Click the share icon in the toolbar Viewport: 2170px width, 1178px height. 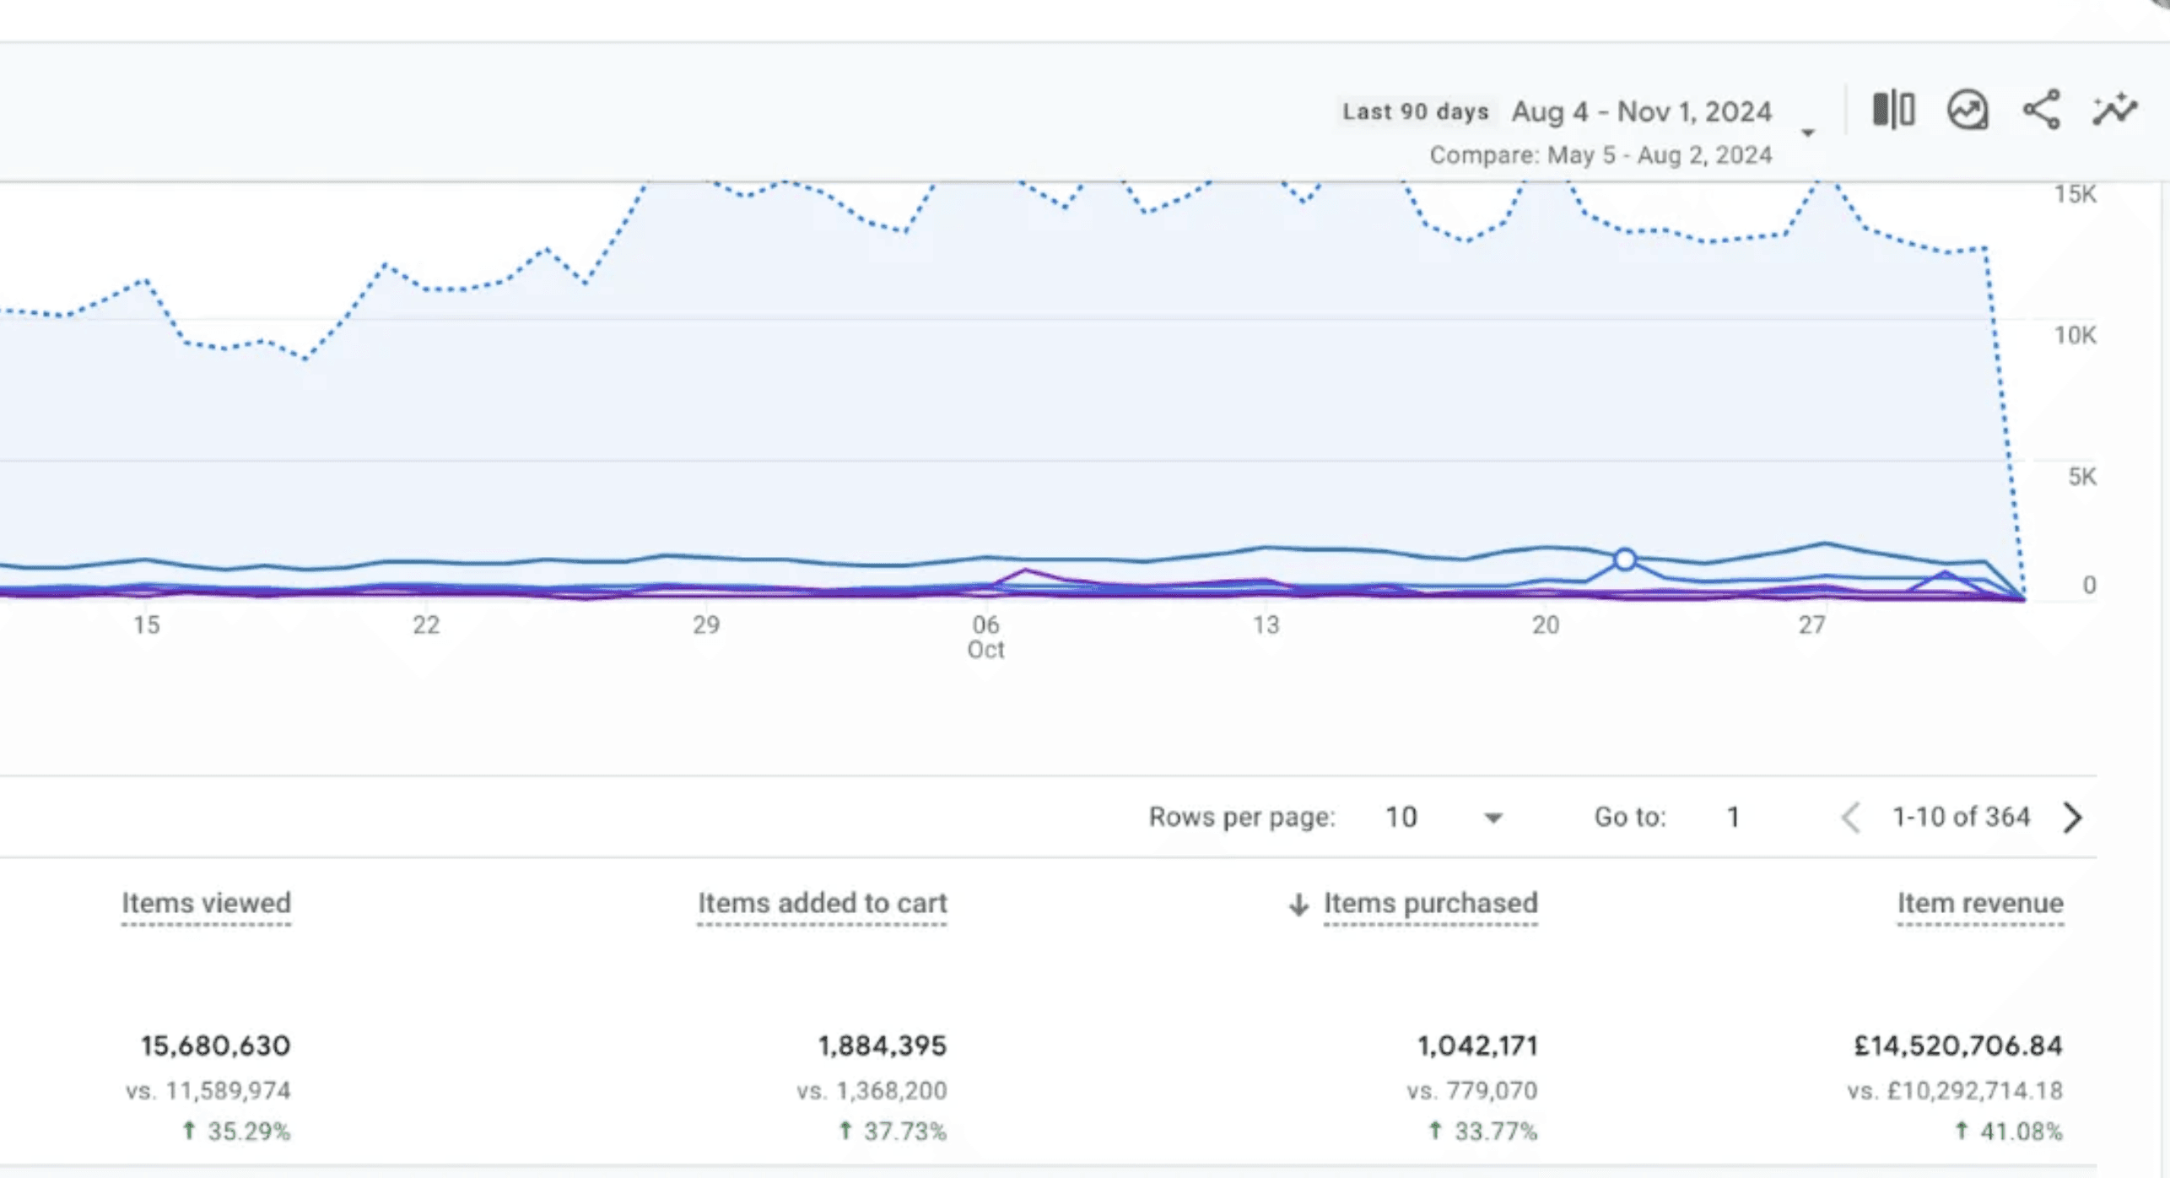coord(2042,110)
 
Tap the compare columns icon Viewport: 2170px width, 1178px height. coord(1893,110)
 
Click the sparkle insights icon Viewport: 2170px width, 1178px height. coord(2115,110)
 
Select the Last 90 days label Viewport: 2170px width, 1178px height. coord(1416,111)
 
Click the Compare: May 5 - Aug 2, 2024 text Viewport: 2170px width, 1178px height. coord(1601,155)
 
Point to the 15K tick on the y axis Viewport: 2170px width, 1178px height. coord(2075,194)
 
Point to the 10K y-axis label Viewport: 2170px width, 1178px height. coord(2075,336)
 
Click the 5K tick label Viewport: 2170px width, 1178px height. coord(2081,477)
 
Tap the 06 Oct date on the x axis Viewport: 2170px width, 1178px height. coord(985,637)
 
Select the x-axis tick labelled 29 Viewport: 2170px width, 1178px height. coord(706,625)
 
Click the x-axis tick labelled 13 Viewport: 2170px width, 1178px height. coord(1266,625)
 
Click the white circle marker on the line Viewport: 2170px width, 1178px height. coord(1625,559)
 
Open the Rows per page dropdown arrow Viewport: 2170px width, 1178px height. coord(1493,818)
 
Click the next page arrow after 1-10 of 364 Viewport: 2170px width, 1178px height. coord(2073,817)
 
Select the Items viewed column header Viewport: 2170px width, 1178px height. coord(206,903)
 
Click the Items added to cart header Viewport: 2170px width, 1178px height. coord(823,903)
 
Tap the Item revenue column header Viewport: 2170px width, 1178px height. coord(1980,903)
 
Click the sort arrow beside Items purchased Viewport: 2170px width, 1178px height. coord(1298,905)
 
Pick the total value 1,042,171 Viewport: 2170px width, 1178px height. coord(1477,1046)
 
